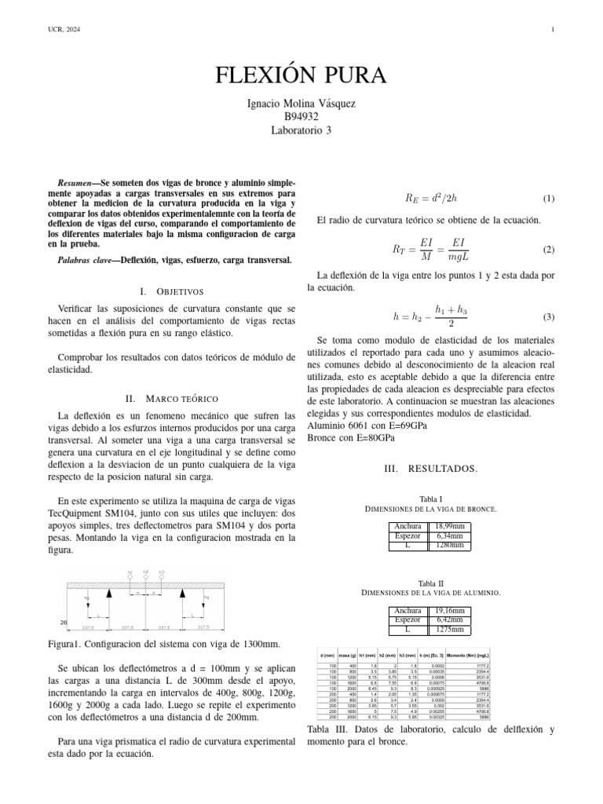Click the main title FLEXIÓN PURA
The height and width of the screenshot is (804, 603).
[x=301, y=75]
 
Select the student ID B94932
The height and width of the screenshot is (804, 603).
[x=301, y=118]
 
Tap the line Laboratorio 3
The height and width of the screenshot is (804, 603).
[x=301, y=130]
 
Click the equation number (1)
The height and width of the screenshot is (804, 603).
[x=549, y=199]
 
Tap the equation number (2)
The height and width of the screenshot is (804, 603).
[x=549, y=250]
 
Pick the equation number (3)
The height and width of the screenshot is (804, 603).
[x=549, y=317]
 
